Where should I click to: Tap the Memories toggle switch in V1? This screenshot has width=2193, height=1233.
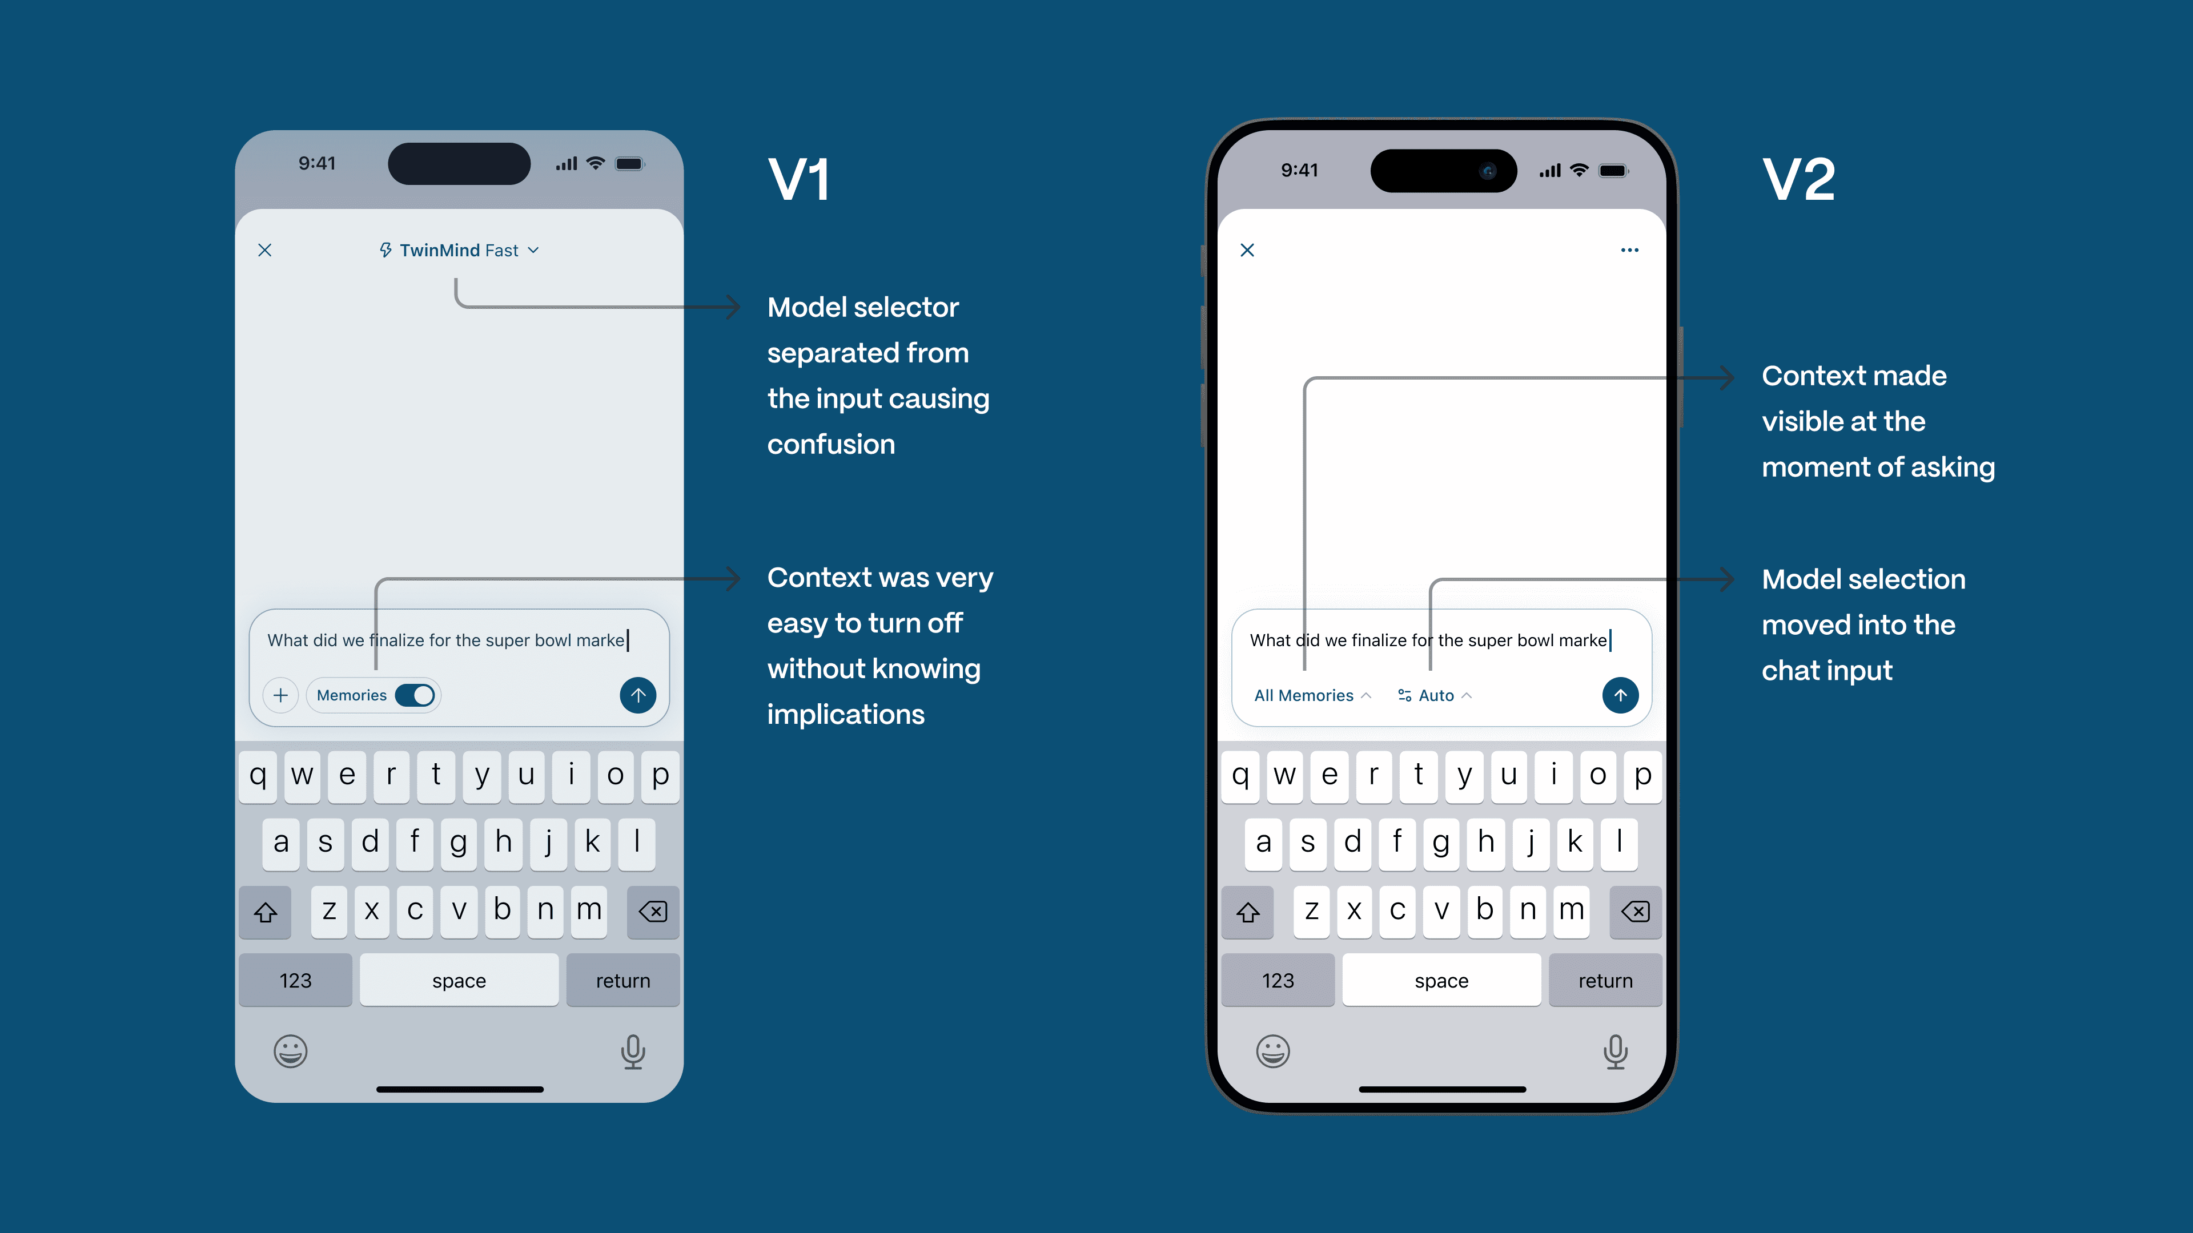tap(415, 695)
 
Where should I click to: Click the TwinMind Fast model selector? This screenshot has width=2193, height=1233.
tap(459, 250)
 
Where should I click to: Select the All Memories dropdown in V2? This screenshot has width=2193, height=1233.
tap(1311, 695)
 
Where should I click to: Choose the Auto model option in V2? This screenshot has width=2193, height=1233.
tap(1435, 695)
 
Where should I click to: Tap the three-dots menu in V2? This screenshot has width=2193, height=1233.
tap(1629, 250)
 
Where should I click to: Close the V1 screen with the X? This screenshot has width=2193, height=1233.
tap(265, 250)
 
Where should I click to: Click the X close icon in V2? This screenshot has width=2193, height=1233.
tap(1247, 250)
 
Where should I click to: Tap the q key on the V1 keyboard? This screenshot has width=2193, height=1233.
tap(258, 775)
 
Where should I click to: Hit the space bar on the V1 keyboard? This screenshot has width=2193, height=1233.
tap(459, 980)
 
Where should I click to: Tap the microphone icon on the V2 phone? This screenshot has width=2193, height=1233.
tap(1615, 1051)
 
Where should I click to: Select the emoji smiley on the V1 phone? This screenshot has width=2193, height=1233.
tap(290, 1051)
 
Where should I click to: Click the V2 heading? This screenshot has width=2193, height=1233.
tap(1798, 180)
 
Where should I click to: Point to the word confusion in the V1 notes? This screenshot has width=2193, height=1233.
tap(831, 444)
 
